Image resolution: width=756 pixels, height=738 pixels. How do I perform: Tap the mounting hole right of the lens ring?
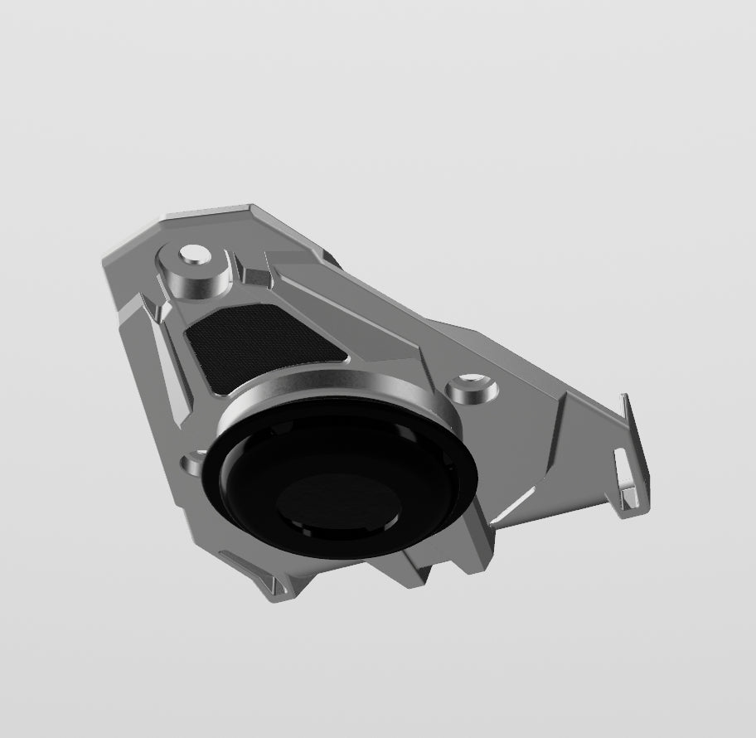pos(468,386)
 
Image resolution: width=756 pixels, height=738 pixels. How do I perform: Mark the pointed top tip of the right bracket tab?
pos(626,396)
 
